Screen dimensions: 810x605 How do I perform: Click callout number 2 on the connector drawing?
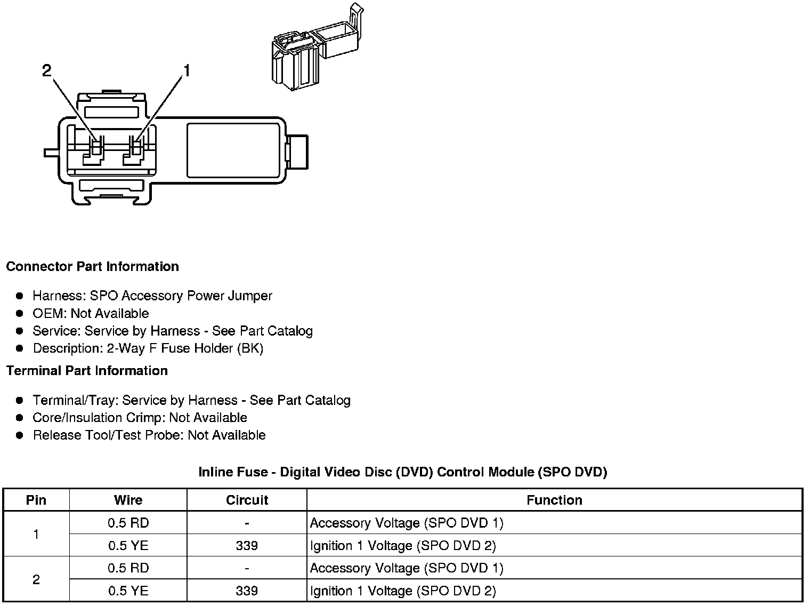tap(47, 70)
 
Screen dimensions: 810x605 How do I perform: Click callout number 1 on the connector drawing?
tap(187, 70)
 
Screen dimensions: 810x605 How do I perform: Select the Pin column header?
tap(36, 500)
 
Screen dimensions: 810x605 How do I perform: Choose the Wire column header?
tap(128, 500)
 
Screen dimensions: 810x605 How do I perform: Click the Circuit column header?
tap(247, 500)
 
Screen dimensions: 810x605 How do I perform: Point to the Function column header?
tap(554, 500)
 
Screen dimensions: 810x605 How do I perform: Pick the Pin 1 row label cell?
tap(36, 534)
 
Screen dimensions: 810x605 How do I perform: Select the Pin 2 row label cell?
tap(36, 579)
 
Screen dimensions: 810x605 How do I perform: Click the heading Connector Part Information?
tap(93, 266)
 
